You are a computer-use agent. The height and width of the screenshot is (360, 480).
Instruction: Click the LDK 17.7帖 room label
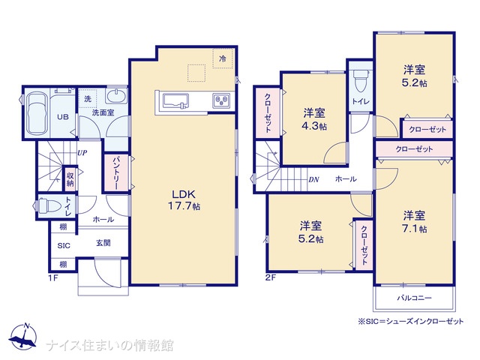pyautogui.click(x=184, y=200)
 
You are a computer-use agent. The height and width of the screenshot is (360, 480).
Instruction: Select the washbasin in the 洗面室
pyautogui.click(x=116, y=96)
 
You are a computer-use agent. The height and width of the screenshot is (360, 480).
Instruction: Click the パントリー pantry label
pyautogui.click(x=116, y=172)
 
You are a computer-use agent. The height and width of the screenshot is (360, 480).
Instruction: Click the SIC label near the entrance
pyautogui.click(x=64, y=245)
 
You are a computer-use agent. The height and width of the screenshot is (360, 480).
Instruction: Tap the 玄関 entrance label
pyautogui.click(x=103, y=243)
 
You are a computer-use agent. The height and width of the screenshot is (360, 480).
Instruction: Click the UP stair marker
pyautogui.click(x=82, y=153)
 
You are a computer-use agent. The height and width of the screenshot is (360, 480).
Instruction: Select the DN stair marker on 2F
pyautogui.click(x=313, y=180)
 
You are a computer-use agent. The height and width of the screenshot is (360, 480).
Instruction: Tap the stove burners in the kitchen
pyautogui.click(x=221, y=100)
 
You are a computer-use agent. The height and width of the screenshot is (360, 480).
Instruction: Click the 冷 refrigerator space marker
pyautogui.click(x=223, y=58)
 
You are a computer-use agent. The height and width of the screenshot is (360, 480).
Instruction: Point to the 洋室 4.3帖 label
pyautogui.click(x=314, y=120)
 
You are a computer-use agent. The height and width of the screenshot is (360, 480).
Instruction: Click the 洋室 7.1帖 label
pyautogui.click(x=414, y=222)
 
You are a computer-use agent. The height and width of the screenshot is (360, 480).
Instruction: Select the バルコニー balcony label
pyautogui.click(x=415, y=298)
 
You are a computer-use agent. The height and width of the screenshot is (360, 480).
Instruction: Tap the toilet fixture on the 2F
pyautogui.click(x=360, y=80)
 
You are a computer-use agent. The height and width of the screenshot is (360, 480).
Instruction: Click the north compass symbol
pyautogui.click(x=23, y=336)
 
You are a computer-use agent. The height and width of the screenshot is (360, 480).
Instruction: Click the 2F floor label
pyautogui.click(x=270, y=277)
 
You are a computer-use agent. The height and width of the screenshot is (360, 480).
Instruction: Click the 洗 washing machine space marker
pyautogui.click(x=88, y=99)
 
